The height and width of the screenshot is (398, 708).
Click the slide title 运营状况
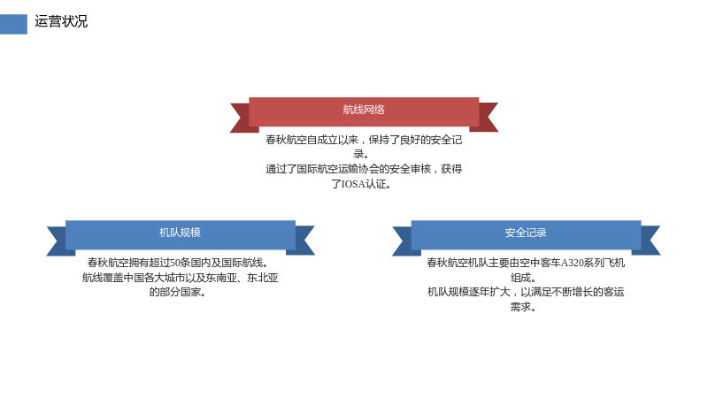click(x=61, y=21)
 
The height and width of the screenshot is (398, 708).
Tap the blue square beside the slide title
click(x=13, y=24)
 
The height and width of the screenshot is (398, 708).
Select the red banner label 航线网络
click(x=364, y=110)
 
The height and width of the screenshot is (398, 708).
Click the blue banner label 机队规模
click(x=180, y=233)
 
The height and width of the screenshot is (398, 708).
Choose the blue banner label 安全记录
click(x=526, y=233)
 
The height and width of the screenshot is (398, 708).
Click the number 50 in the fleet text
click(x=174, y=263)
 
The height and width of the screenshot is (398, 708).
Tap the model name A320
click(x=572, y=263)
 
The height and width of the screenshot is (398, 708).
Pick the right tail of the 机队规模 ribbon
click(x=304, y=241)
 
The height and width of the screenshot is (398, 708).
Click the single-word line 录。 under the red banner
click(x=361, y=154)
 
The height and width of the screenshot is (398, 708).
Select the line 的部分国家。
click(x=178, y=293)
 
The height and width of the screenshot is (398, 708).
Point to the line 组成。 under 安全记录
click(x=524, y=278)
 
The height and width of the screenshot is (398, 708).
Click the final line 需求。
click(x=524, y=307)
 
